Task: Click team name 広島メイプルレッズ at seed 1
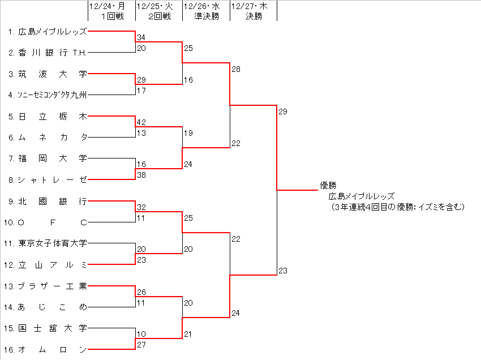tap(53, 32)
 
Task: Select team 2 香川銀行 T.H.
tap(53, 53)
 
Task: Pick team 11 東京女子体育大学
tap(53, 243)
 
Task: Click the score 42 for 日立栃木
tap(141, 122)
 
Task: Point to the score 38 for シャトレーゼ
tap(141, 175)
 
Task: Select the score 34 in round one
tap(141, 37)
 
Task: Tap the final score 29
tap(283, 112)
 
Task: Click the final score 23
tap(283, 271)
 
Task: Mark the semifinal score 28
tap(235, 69)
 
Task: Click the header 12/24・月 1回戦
tap(111, 11)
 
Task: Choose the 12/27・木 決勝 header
tap(254, 11)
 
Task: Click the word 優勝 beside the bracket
tap(328, 185)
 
